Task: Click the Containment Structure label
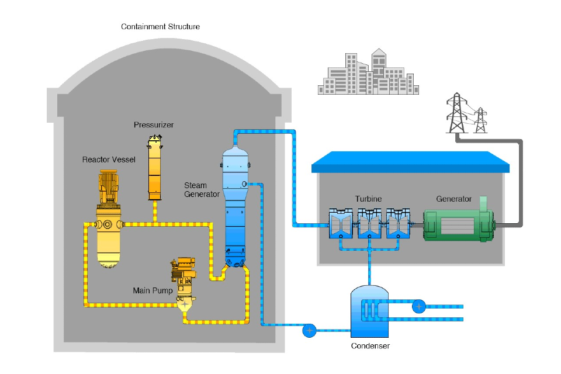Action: click(x=160, y=27)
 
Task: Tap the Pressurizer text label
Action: click(x=154, y=125)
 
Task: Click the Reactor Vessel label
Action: click(x=109, y=160)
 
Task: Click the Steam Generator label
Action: click(x=202, y=190)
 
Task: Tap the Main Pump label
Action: click(x=153, y=290)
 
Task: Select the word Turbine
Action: click(x=368, y=199)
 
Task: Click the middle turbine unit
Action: click(x=369, y=225)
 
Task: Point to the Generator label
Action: click(x=453, y=199)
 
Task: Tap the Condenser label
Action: click(x=370, y=346)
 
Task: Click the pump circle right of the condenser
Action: click(x=418, y=306)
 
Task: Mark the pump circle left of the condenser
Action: click(x=309, y=331)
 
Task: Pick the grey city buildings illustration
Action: click(x=368, y=73)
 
